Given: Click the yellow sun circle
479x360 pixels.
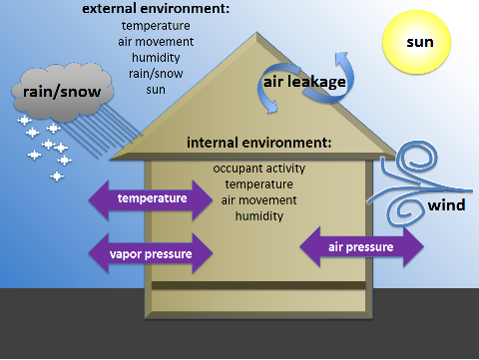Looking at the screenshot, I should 420,42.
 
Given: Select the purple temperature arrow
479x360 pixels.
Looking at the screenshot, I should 152,198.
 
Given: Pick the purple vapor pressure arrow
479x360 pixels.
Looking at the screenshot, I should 152,253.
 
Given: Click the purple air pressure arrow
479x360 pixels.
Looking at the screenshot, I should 361,246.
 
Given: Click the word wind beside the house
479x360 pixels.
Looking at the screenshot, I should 445,206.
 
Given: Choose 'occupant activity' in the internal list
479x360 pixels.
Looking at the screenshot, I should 259,169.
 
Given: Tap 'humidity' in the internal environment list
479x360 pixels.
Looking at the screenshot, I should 259,215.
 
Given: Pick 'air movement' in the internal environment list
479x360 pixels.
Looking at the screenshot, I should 259,199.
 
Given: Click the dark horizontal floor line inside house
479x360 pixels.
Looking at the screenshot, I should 258,285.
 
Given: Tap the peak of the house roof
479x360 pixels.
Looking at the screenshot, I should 258,33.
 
